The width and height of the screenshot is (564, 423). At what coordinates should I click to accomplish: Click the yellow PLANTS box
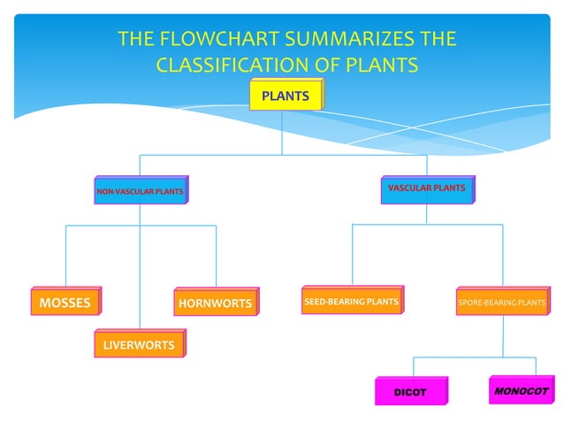(285, 96)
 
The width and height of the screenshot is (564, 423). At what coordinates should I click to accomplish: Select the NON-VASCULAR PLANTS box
(140, 191)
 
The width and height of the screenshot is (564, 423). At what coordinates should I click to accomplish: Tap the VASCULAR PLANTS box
(426, 188)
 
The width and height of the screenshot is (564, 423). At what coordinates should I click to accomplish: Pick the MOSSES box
(65, 303)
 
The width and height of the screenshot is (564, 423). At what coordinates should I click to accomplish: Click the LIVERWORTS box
(138, 344)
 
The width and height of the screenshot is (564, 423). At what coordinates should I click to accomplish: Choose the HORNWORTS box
(215, 304)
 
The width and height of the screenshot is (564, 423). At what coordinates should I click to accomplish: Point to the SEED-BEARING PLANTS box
(351, 302)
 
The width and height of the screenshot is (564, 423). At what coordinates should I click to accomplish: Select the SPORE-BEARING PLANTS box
(501, 303)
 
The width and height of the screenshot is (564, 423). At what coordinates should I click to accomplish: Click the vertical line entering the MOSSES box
(65, 257)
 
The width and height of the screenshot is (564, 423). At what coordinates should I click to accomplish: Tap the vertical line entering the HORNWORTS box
(216, 257)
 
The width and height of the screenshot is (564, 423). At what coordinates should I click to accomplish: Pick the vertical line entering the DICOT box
(415, 366)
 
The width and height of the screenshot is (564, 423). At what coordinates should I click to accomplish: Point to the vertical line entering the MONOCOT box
(535, 365)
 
